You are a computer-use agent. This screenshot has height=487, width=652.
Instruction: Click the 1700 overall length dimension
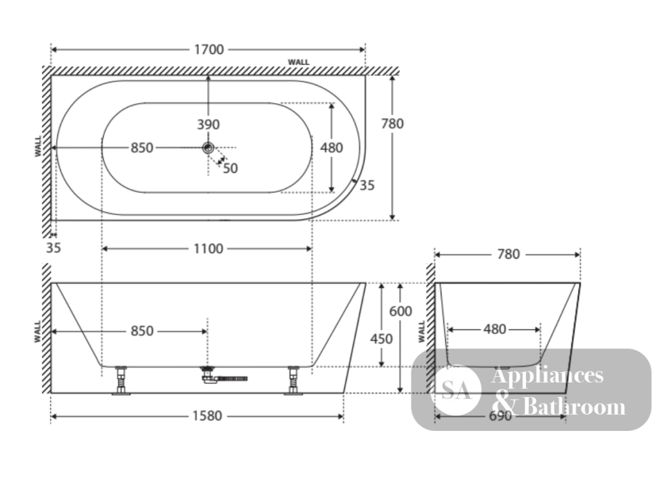click(209, 50)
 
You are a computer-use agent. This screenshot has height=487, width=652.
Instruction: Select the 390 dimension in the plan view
click(209, 124)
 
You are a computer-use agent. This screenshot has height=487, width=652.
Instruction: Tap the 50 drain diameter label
click(230, 168)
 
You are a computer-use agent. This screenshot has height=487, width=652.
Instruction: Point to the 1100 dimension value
click(209, 248)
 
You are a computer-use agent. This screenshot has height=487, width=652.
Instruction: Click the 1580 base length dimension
click(207, 416)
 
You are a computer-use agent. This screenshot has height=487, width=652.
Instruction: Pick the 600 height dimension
click(400, 311)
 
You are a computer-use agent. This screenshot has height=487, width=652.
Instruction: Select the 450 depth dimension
click(381, 339)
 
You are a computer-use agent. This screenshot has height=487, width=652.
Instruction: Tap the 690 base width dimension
click(500, 416)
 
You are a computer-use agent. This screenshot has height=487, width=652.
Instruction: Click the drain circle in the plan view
click(208, 147)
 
